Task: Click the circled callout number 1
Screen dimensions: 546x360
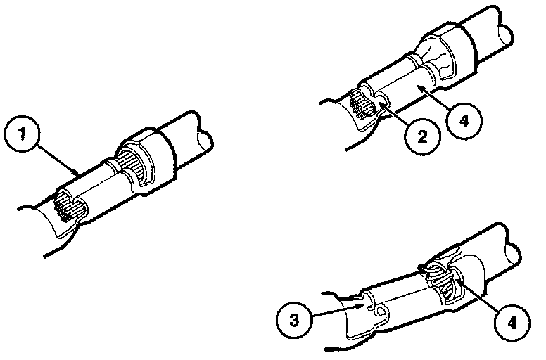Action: click(23, 134)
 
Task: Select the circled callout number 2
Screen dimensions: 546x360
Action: click(422, 136)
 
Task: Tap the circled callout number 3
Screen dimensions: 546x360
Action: click(294, 320)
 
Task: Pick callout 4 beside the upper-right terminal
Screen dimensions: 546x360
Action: click(464, 121)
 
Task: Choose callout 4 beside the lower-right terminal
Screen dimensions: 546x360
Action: click(512, 323)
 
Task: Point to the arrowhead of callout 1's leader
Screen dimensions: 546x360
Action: click(77, 172)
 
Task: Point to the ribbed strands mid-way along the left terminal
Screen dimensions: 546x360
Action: click(132, 163)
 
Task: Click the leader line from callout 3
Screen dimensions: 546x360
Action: click(336, 311)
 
